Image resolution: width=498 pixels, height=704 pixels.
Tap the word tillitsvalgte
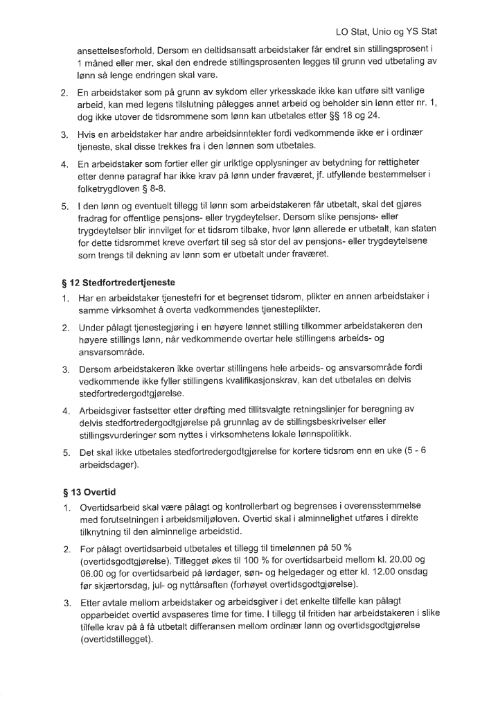(x=254, y=410)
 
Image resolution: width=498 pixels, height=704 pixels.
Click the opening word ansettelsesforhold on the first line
(x=115, y=51)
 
